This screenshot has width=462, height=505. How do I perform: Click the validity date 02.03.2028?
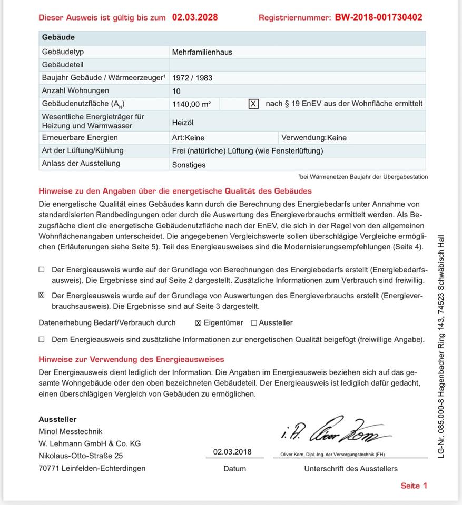(x=194, y=17)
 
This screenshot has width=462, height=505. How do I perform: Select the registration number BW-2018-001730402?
(x=378, y=17)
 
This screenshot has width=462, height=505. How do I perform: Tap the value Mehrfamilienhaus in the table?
(x=202, y=52)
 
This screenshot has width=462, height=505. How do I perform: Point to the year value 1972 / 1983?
(x=192, y=78)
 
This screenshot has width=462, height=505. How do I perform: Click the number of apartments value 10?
(x=176, y=91)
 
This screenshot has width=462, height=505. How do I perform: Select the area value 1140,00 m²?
(x=191, y=104)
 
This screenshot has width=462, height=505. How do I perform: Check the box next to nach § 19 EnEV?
(x=253, y=104)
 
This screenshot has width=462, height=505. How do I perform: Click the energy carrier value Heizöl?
(x=183, y=123)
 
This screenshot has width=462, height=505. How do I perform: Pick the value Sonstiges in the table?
(x=189, y=165)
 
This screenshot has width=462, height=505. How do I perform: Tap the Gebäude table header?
(x=58, y=38)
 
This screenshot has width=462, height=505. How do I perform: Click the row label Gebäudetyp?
(x=63, y=52)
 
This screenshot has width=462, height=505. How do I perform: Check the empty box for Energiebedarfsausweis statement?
(x=42, y=269)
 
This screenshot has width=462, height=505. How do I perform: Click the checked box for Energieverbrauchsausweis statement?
(x=42, y=295)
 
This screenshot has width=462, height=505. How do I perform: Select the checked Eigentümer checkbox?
(x=199, y=323)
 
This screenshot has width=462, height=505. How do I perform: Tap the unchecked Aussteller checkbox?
(x=254, y=323)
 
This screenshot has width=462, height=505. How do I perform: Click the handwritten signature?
(x=335, y=432)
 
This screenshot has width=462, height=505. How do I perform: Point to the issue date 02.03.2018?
(x=232, y=452)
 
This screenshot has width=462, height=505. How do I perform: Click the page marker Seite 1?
(x=414, y=486)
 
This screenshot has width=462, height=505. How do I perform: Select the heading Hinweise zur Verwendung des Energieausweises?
(x=131, y=359)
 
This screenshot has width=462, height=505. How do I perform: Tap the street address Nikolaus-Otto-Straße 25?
(x=81, y=456)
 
